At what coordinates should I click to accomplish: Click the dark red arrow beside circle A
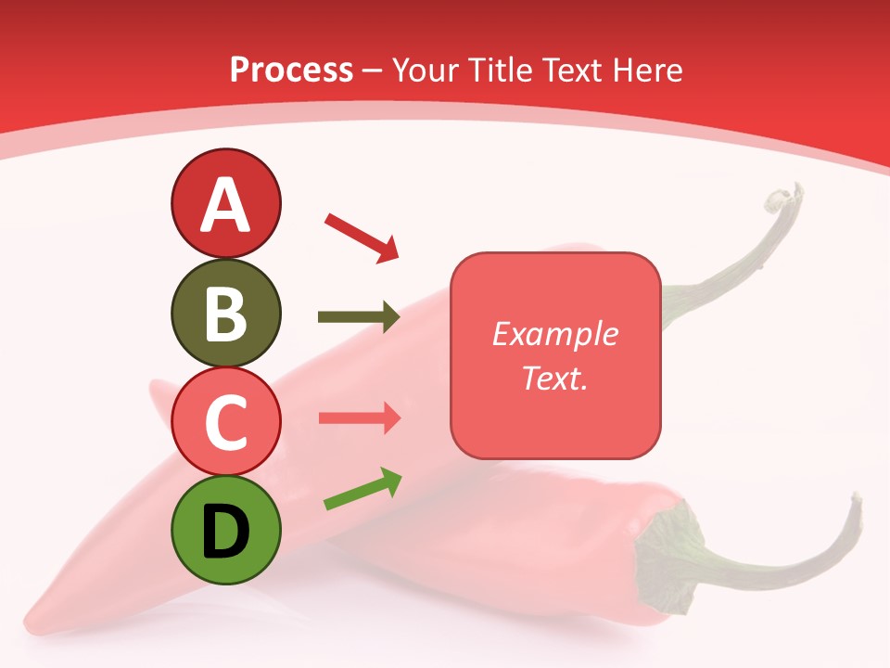362,237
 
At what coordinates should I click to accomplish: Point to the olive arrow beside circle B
359,317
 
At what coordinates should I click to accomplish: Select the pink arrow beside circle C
359,418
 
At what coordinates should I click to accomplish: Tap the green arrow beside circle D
362,489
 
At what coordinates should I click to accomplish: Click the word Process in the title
291,71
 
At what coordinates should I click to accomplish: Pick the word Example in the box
554,334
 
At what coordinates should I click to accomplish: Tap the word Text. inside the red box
554,378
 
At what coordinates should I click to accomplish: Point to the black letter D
225,531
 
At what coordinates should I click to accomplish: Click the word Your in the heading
425,71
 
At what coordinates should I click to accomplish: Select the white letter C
225,422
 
